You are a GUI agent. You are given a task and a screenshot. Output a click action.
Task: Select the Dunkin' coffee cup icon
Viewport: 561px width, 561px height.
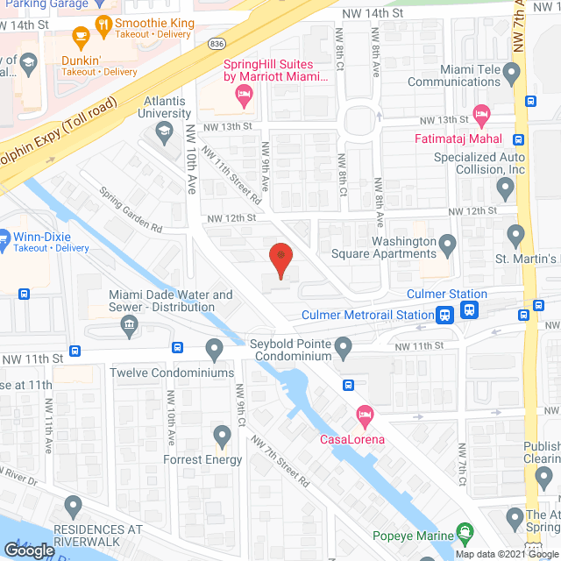pos(82,38)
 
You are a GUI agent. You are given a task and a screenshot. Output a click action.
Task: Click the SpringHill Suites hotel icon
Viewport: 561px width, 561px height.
pos(245,100)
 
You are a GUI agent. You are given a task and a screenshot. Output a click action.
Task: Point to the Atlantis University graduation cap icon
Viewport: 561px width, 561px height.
pos(164,133)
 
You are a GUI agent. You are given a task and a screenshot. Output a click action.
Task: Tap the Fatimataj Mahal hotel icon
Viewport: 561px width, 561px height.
pos(480,114)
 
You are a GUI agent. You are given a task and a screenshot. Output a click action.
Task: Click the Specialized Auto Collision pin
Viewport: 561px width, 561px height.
pos(505,186)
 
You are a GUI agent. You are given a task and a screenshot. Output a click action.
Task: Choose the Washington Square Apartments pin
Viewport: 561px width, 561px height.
pos(447,245)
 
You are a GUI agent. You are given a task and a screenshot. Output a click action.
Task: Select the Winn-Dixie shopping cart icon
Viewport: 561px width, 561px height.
pos(3,237)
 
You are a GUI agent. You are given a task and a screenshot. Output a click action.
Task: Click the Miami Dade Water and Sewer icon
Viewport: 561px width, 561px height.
pos(129,326)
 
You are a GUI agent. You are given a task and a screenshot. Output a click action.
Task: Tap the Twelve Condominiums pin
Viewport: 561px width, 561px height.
pos(214,351)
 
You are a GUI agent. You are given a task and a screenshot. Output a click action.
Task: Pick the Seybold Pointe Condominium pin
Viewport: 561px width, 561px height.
pos(344,351)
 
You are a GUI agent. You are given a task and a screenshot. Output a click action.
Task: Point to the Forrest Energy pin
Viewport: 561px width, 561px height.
pos(220,436)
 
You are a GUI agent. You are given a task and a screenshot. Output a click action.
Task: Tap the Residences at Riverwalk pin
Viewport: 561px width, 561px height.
pos(74,506)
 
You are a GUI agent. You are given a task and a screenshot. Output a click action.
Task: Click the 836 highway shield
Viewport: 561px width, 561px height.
pos(217,42)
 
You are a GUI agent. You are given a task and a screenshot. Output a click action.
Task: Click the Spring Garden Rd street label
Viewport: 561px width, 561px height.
pos(131,214)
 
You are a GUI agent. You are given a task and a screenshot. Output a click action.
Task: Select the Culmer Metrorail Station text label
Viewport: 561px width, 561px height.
pos(367,315)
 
